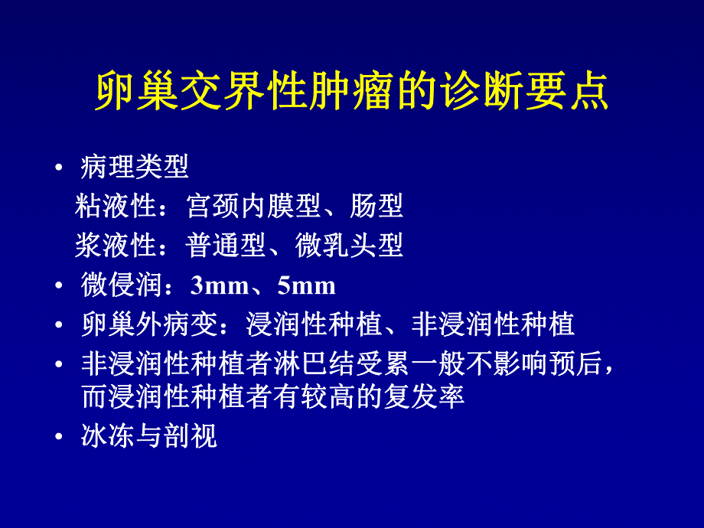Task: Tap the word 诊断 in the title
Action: pyautogui.click(x=484, y=94)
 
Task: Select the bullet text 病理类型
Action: pyautogui.click(x=134, y=166)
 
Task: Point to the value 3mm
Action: pyautogui.click(x=220, y=286)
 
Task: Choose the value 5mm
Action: pyautogui.click(x=307, y=286)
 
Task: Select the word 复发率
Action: pyautogui.click(x=433, y=397)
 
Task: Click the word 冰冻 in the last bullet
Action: pyautogui.click(x=102, y=436)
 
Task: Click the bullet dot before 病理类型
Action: pyautogui.click(x=59, y=167)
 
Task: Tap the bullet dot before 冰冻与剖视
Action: pyautogui.click(x=59, y=437)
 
